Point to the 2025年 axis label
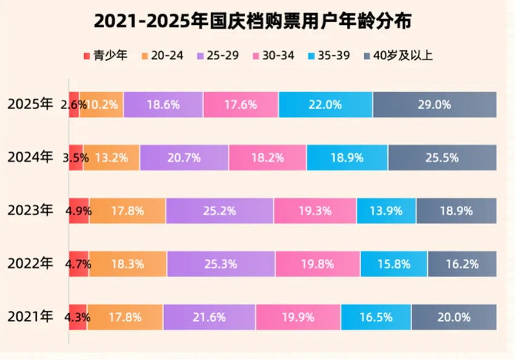tap(30, 104)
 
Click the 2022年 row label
tap(30, 264)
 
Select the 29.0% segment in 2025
tap(434, 104)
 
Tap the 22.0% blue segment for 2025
tap(325, 104)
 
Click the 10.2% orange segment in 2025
tap(102, 104)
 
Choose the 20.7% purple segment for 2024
tap(184, 158)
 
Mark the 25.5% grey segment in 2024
tap(442, 158)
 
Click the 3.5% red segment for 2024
tap(75, 158)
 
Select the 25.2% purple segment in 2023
tap(219, 211)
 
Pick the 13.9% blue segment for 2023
tap(386, 211)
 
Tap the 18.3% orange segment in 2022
tap(128, 264)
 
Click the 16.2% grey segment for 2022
tap(462, 264)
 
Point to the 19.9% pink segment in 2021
tap(297, 317)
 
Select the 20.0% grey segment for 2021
tap(454, 317)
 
